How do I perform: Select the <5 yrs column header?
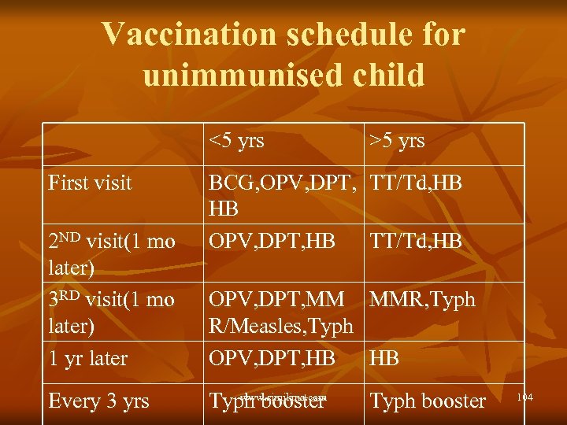click(236, 141)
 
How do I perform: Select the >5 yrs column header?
click(398, 141)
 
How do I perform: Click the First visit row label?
click(90, 183)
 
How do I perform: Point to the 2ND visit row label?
click(111, 242)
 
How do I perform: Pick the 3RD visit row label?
click(111, 300)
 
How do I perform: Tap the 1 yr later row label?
click(87, 358)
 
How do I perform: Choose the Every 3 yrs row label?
click(98, 401)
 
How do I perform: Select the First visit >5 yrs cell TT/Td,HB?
click(416, 183)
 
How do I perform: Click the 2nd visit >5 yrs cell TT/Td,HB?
click(416, 242)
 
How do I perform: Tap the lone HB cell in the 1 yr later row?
click(384, 358)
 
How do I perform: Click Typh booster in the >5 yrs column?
click(428, 401)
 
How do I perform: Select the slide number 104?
click(524, 397)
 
